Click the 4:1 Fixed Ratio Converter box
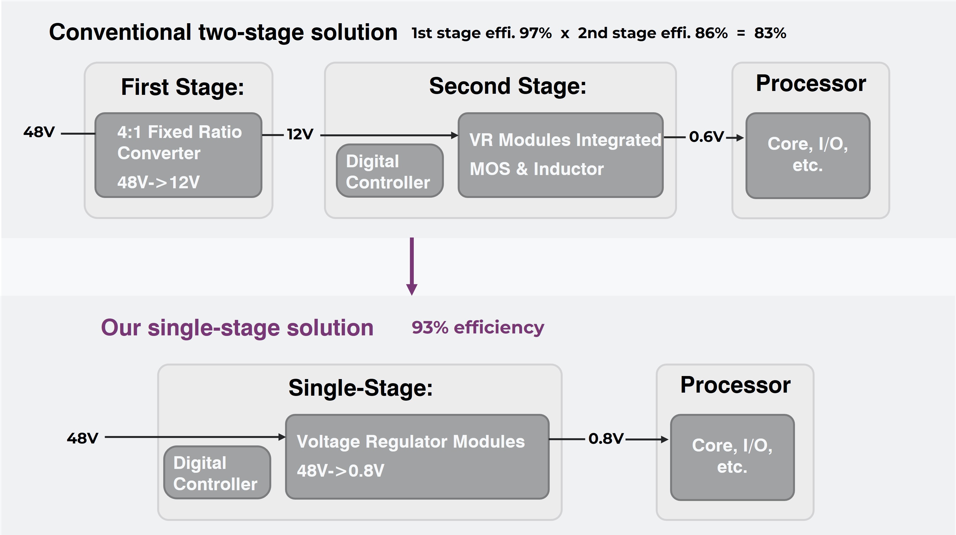point(178,155)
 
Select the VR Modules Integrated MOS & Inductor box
point(560,155)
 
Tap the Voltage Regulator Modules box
point(417,456)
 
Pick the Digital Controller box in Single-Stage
point(217,473)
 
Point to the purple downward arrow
point(412,266)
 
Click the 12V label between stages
point(300,134)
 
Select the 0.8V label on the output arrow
point(606,439)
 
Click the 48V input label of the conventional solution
point(39,132)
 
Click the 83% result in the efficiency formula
point(770,33)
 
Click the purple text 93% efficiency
point(478,328)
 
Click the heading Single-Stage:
point(360,388)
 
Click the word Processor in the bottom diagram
point(735,385)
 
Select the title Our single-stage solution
point(237,328)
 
